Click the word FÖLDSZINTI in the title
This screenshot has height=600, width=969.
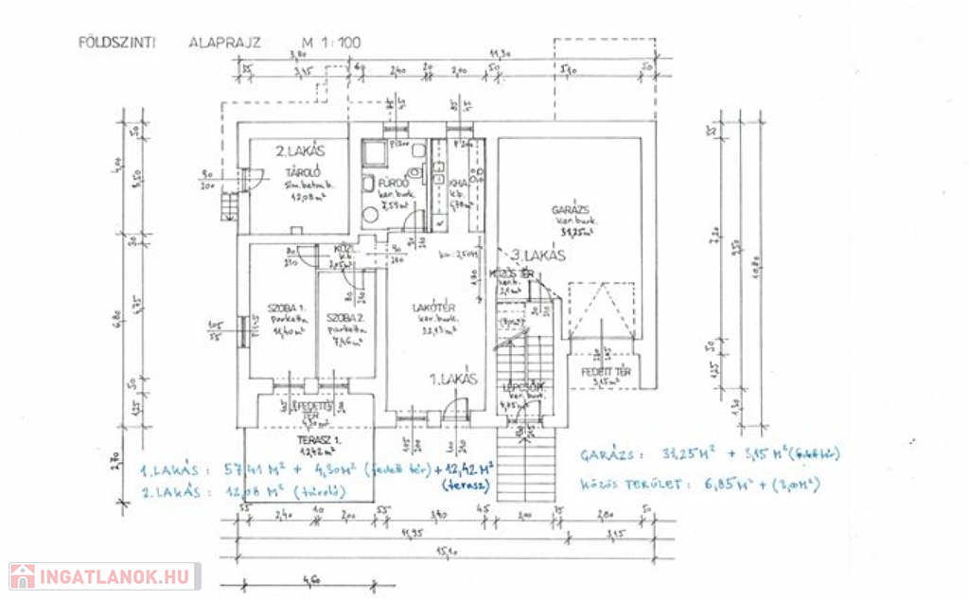tap(117, 43)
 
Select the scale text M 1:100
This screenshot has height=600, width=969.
tap(331, 43)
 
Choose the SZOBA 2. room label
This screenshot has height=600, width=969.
tap(343, 317)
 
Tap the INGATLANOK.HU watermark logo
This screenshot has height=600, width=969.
tap(104, 575)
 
